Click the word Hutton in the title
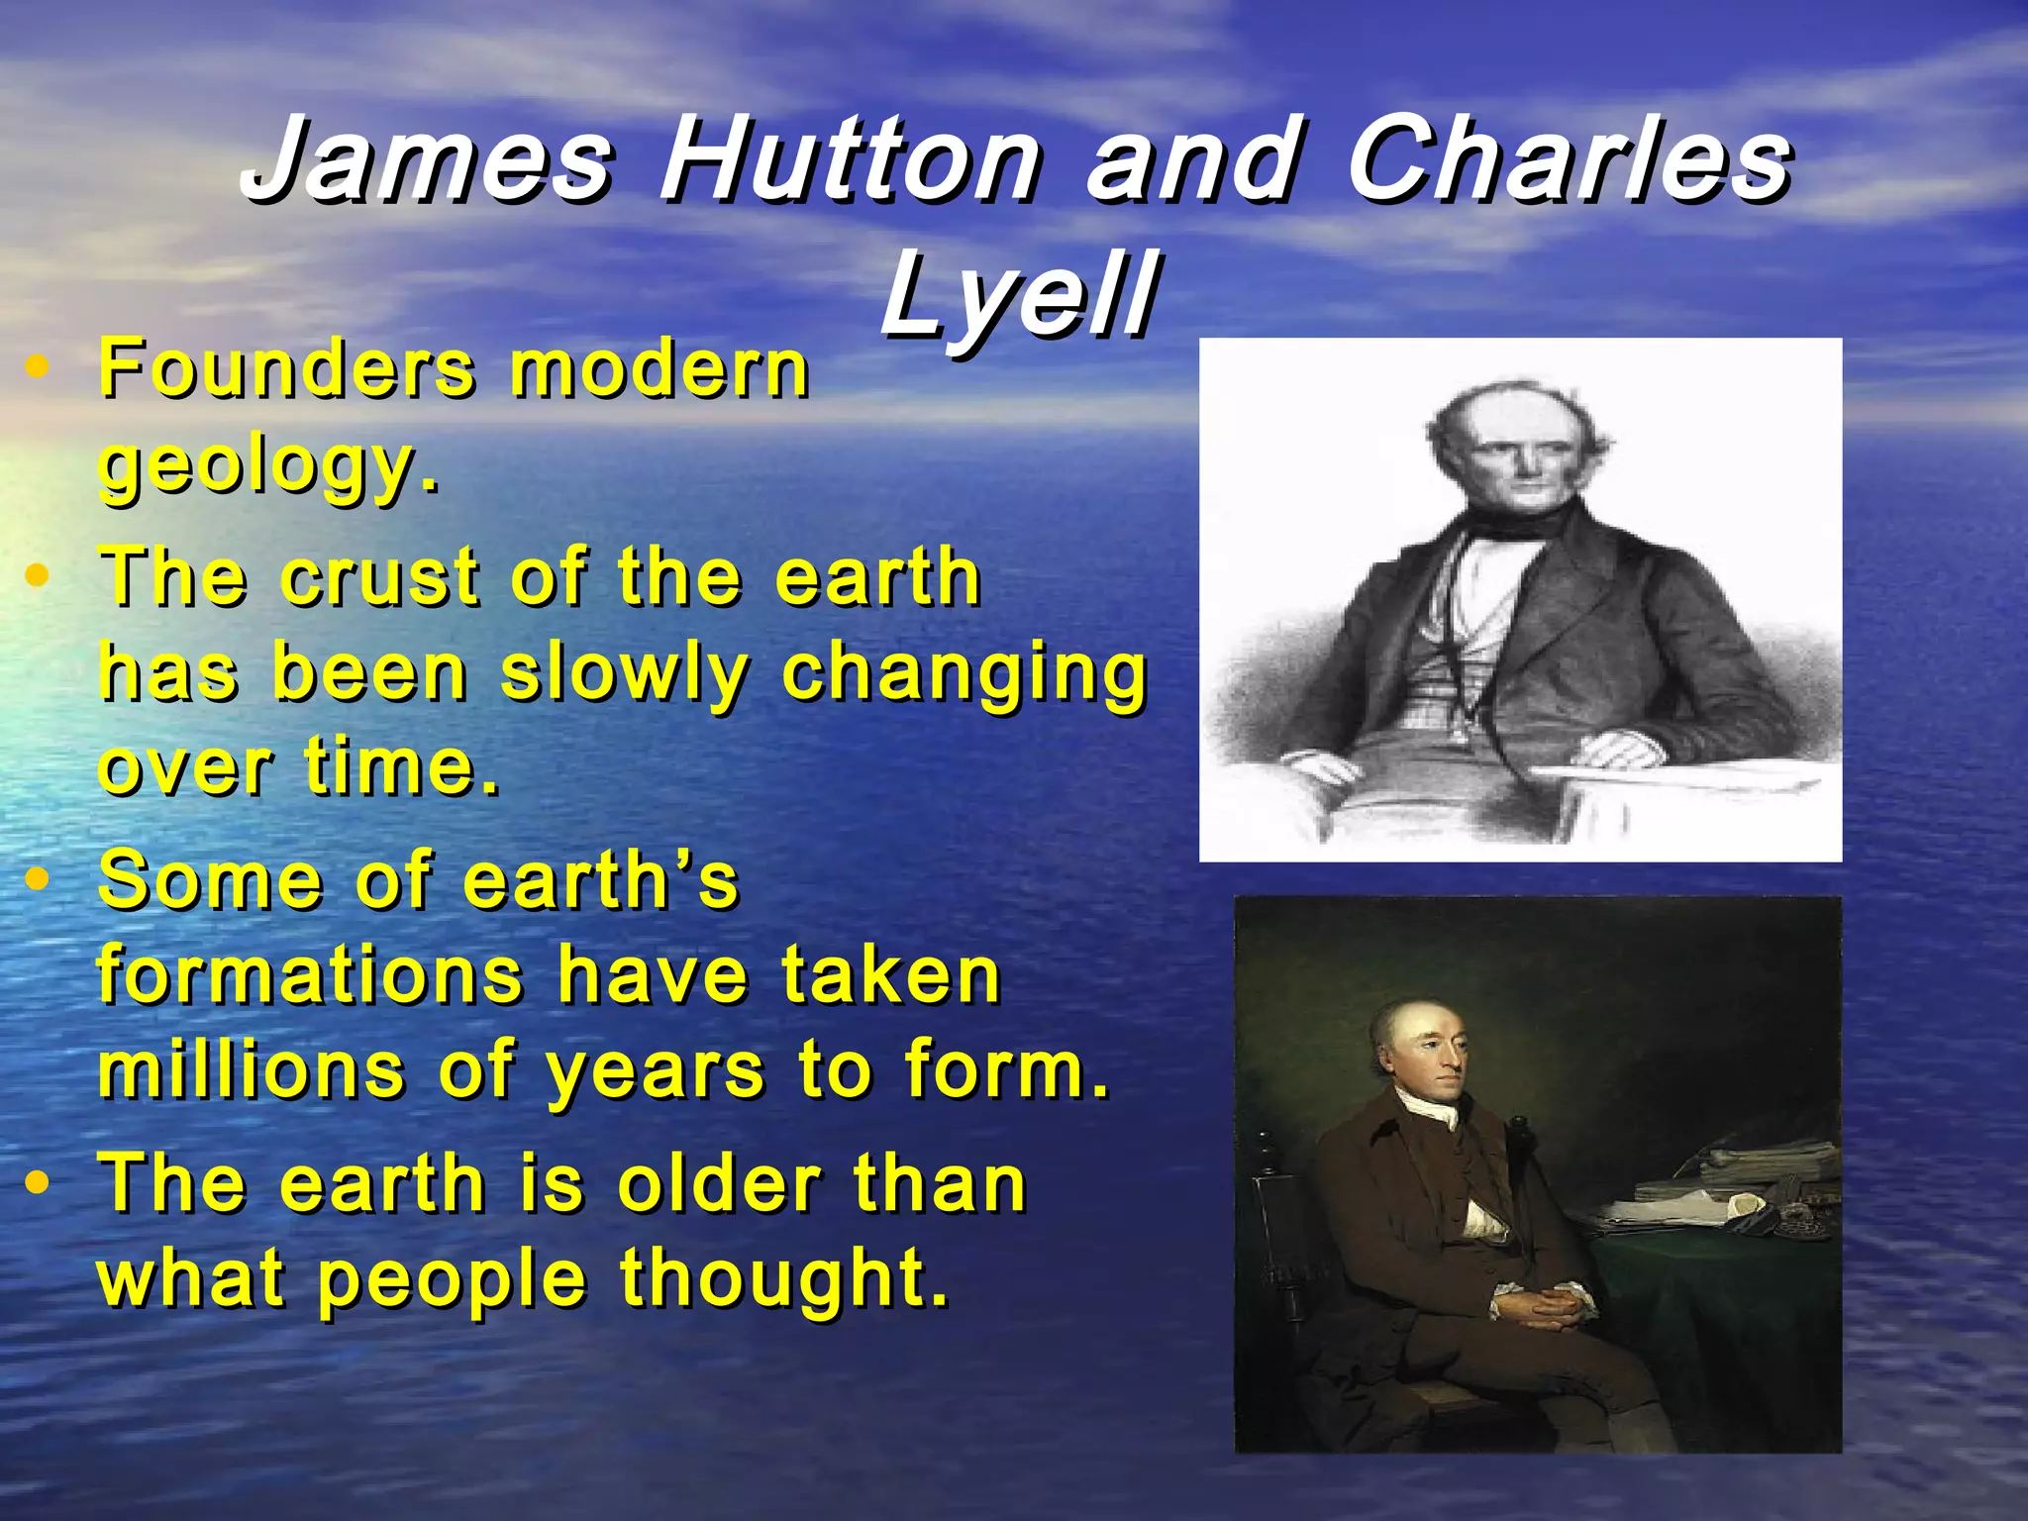pyautogui.click(x=850, y=160)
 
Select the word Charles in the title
pyautogui.click(x=1569, y=160)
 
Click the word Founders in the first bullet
pyautogui.click(x=287, y=368)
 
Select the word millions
pyautogui.click(x=252, y=1071)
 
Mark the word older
pyautogui.click(x=719, y=1184)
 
